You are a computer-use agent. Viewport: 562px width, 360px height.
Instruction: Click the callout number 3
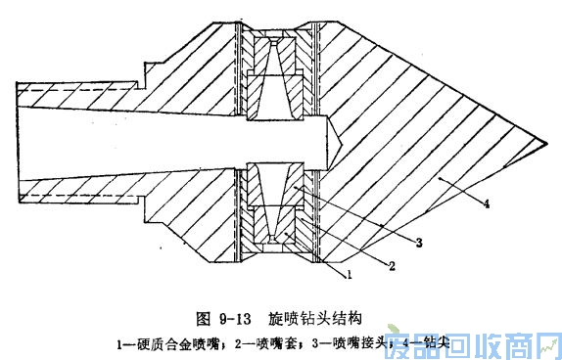click(420, 239)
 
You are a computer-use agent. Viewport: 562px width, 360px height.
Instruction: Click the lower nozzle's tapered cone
click(277, 201)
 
